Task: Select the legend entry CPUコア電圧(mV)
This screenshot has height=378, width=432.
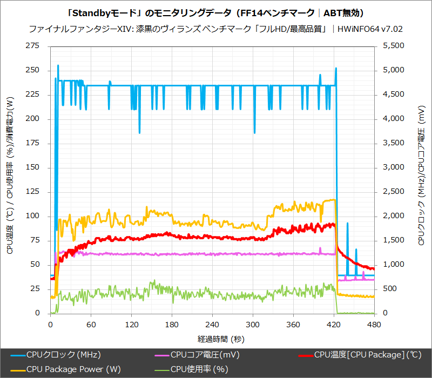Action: (x=205, y=355)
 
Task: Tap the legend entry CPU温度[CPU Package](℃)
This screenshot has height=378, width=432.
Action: (x=367, y=355)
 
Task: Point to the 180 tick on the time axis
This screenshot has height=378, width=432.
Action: (x=172, y=325)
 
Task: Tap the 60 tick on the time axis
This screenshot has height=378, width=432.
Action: (x=91, y=325)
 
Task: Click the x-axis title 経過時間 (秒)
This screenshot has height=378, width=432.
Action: (x=215, y=339)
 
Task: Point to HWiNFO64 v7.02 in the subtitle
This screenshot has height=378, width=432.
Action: (x=370, y=29)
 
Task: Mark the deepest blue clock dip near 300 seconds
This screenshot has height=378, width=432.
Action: (x=254, y=132)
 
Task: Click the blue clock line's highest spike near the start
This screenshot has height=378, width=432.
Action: (x=58, y=66)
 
